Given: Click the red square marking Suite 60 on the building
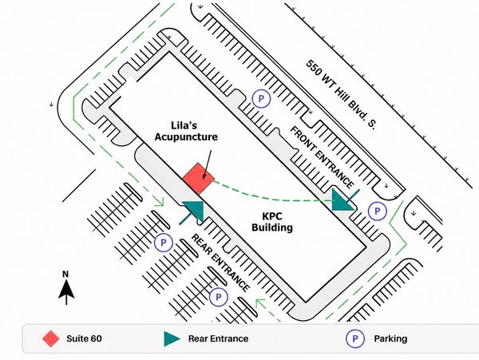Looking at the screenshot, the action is tap(199, 179).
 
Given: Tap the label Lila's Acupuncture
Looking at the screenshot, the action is tap(186, 131).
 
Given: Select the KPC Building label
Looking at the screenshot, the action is tap(272, 222).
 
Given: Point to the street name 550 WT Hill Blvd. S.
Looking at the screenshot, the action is tap(341, 94).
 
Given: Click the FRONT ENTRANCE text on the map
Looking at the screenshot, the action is tap(322, 157).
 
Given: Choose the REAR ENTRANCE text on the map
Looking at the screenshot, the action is tap(220, 263).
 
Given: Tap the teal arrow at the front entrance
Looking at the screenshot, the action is tap(343, 200).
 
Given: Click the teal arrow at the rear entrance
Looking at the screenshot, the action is tap(193, 212).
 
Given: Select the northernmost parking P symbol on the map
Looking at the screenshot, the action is tap(261, 99).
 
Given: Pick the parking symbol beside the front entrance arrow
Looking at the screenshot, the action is tap(378, 211).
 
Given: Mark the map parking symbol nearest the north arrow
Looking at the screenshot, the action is tap(164, 243).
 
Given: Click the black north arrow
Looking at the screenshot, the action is tap(66, 292).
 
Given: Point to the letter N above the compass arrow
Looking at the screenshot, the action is tap(65, 275).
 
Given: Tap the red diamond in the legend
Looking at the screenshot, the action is tap(51, 338).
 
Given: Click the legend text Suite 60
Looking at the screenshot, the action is tap(84, 338).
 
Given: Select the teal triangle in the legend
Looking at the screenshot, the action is tap(172, 339).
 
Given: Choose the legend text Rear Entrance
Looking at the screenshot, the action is tap(218, 338).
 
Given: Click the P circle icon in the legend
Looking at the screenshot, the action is tap(355, 339).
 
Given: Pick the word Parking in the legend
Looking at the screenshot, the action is tap(390, 339).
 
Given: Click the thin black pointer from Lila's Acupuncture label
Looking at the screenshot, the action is tap(208, 164).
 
